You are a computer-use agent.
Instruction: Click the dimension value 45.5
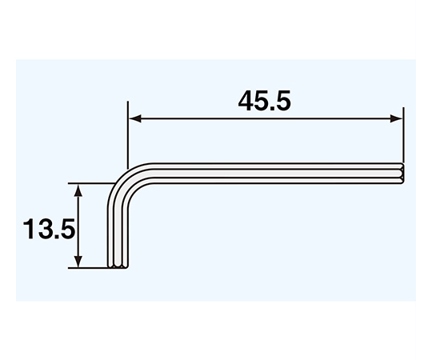pos(265,101)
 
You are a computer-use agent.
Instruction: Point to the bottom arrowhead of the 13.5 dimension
pos(78,262)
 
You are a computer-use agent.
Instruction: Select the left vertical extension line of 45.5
pos(128,136)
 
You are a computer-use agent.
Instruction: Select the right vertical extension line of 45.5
pos(402,136)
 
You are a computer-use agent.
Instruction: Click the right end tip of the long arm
pos(402,173)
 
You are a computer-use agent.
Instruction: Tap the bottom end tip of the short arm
pos(117,266)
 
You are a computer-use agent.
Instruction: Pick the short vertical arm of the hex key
pos(117,232)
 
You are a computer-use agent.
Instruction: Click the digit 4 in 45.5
pos(246,101)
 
